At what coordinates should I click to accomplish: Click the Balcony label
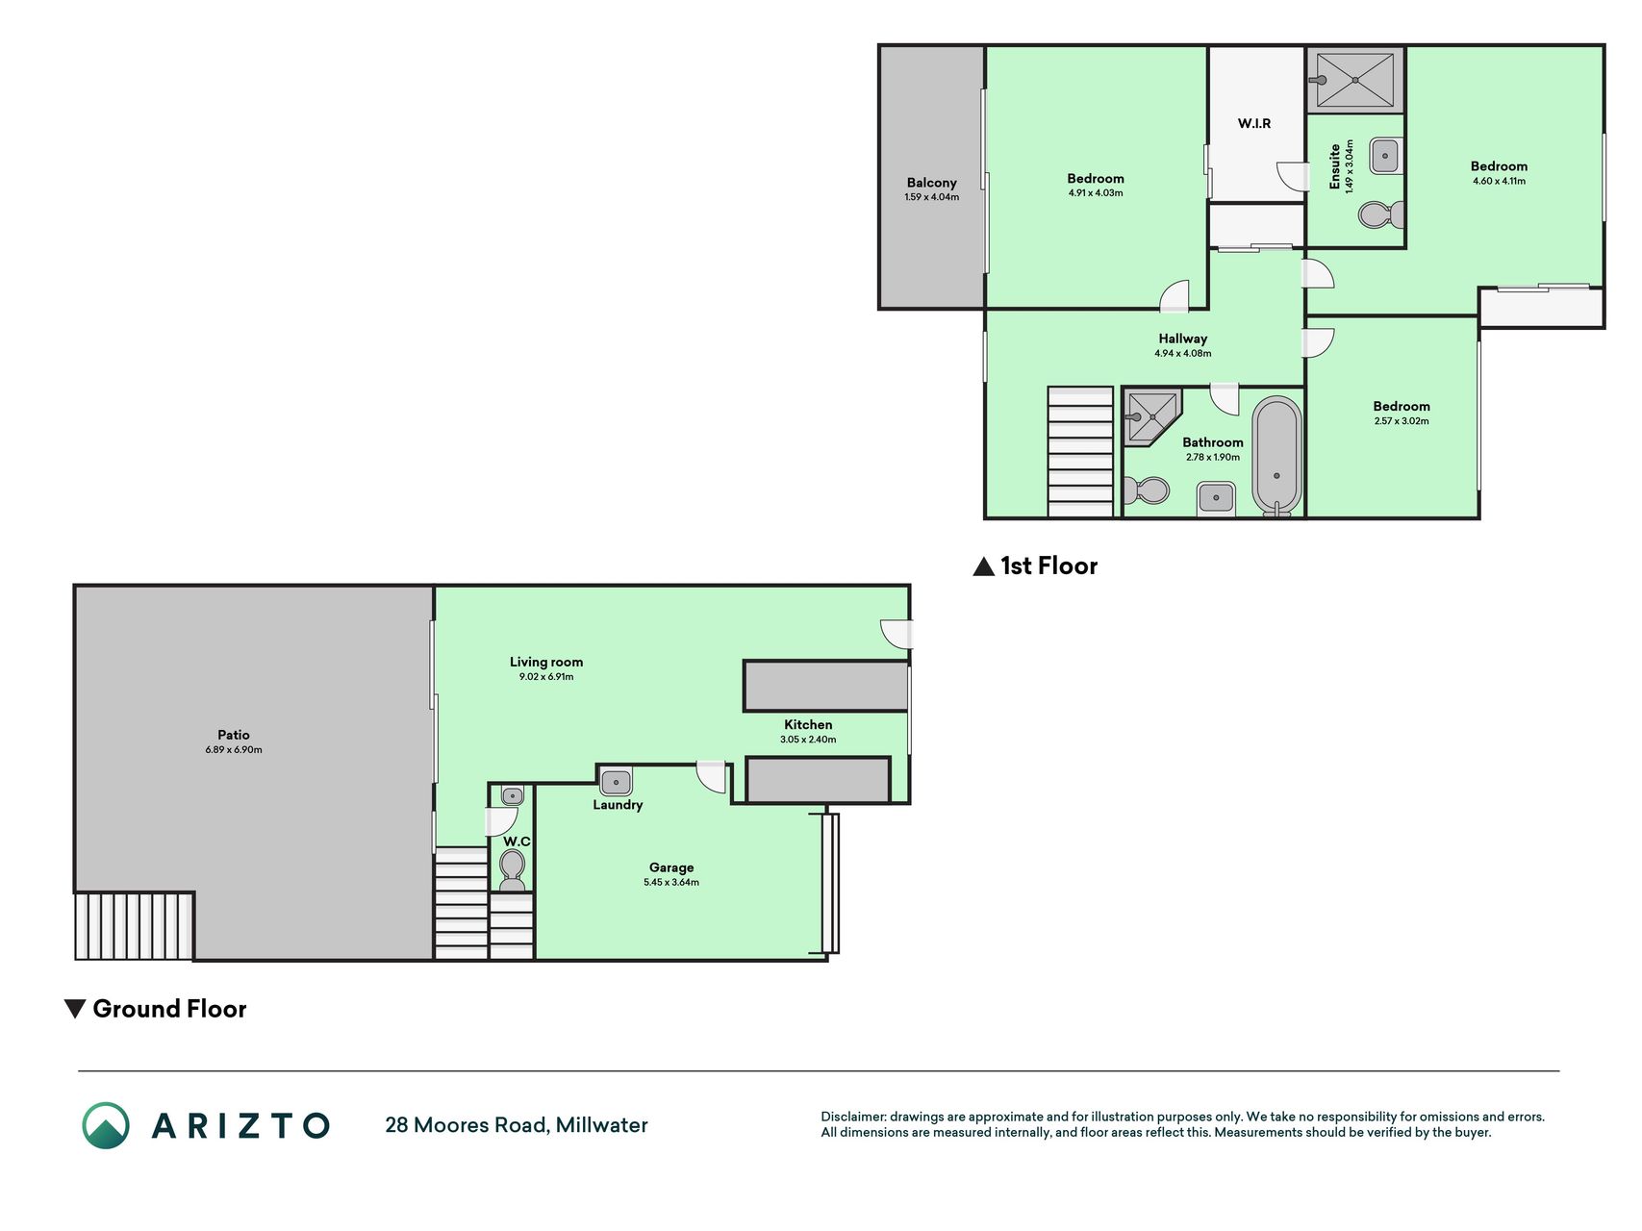point(931,183)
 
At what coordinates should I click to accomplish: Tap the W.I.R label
point(1254,123)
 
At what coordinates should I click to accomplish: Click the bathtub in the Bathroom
point(1276,457)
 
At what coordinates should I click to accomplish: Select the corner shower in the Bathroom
point(1152,416)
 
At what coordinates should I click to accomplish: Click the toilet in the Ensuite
point(1381,214)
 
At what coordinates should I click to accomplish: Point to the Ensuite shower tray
point(1354,80)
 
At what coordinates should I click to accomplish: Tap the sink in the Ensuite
point(1385,156)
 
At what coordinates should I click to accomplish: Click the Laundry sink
point(616,782)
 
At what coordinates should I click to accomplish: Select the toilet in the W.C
point(513,868)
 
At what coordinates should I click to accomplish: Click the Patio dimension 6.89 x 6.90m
point(234,750)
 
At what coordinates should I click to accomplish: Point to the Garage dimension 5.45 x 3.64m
point(671,882)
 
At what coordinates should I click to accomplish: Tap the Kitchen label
point(808,725)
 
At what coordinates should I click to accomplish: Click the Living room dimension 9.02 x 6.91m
point(546,677)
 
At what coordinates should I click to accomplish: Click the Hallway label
point(1183,339)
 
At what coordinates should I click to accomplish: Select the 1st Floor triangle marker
point(983,566)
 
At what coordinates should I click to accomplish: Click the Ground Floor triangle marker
point(75,1009)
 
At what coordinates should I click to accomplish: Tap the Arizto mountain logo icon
point(106,1125)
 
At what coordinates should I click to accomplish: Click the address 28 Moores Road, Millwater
point(517,1125)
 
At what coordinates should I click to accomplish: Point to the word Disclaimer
point(852,1117)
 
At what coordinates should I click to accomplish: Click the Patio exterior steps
point(135,926)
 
